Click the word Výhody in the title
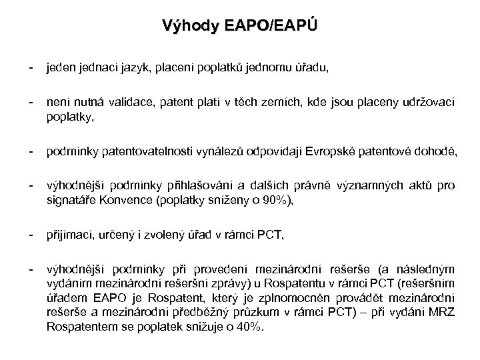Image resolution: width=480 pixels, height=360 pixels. (183, 26)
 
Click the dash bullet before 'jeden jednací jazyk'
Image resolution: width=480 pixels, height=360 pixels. (31, 67)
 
